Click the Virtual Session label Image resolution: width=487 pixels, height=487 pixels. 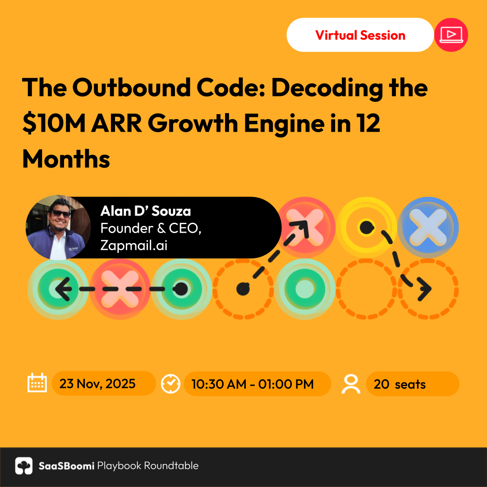(x=360, y=35)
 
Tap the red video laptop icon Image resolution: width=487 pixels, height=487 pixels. (x=451, y=35)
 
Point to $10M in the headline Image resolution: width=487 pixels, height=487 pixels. (x=54, y=123)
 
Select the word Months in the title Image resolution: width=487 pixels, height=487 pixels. (x=66, y=159)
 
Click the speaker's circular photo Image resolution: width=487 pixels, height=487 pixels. (x=58, y=227)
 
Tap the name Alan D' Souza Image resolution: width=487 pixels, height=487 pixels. (x=145, y=211)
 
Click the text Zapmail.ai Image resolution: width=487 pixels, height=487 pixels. (x=134, y=245)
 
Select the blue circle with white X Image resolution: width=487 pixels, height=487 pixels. (x=428, y=227)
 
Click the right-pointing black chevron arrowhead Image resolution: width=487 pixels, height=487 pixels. (x=424, y=289)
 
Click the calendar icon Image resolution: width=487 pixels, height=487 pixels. (x=37, y=383)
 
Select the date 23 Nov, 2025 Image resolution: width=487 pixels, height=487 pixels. (x=97, y=384)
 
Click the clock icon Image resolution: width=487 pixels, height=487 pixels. (x=170, y=384)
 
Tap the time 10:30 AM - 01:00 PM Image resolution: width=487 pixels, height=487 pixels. (x=253, y=384)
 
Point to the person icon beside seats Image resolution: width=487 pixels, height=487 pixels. (x=351, y=384)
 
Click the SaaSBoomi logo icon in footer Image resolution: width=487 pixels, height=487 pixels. (x=24, y=465)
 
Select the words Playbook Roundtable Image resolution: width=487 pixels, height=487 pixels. (x=148, y=465)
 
